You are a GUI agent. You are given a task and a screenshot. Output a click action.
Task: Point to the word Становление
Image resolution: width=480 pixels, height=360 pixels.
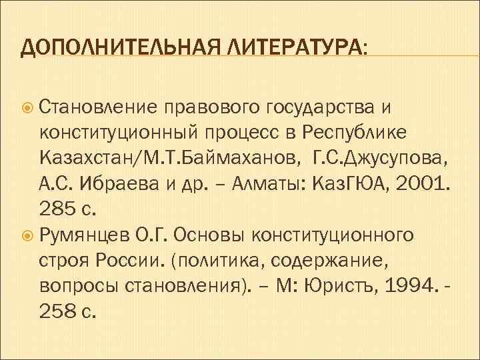coord(98,105)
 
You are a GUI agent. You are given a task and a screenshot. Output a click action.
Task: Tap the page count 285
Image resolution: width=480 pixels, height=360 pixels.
coord(59,209)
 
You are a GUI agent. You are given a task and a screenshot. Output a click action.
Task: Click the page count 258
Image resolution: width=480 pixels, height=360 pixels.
coord(59,313)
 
